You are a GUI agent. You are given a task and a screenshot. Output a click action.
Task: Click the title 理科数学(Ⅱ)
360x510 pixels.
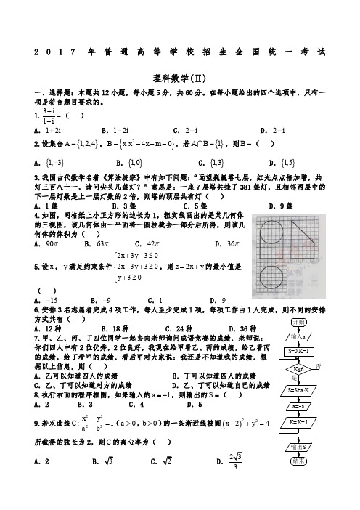coord(180,77)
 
